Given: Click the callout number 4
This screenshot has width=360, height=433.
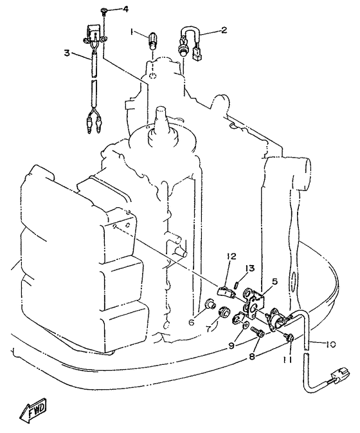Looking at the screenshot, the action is pos(125,10).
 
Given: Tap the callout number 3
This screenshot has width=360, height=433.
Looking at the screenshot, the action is pos(67,53).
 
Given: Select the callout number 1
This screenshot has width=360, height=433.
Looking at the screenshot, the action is pos(132,33).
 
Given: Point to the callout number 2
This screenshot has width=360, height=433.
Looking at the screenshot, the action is pos(224,30).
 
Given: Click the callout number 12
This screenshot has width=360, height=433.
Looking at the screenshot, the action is pos(231,257).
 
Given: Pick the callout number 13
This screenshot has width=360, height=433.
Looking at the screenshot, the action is pos(251,268).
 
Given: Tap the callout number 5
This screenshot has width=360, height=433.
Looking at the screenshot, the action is pos(274,282).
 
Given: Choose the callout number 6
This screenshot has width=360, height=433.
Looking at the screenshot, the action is pos(192,322).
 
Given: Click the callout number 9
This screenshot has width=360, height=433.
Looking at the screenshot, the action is pos(231,345).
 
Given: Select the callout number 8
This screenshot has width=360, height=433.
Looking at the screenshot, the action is pos(252,356).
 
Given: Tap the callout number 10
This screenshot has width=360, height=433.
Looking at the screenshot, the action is pos(330,344).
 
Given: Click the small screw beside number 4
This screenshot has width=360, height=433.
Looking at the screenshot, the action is pos(104,11).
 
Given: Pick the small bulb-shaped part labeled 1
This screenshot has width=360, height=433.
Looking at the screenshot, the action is pos(152,41).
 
